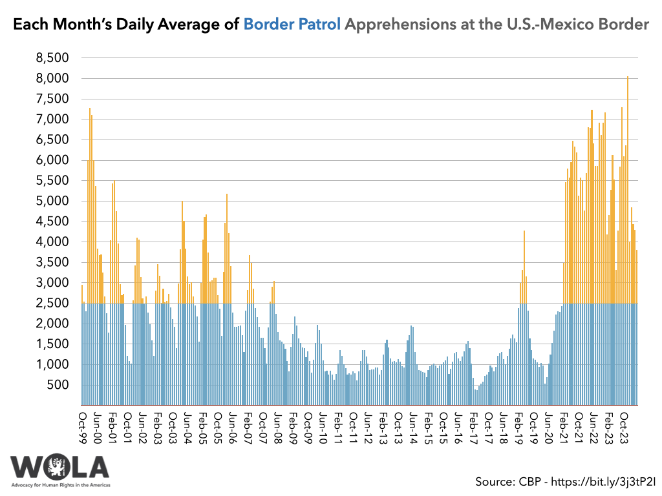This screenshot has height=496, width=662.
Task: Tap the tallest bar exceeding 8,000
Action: [x=627, y=194]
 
